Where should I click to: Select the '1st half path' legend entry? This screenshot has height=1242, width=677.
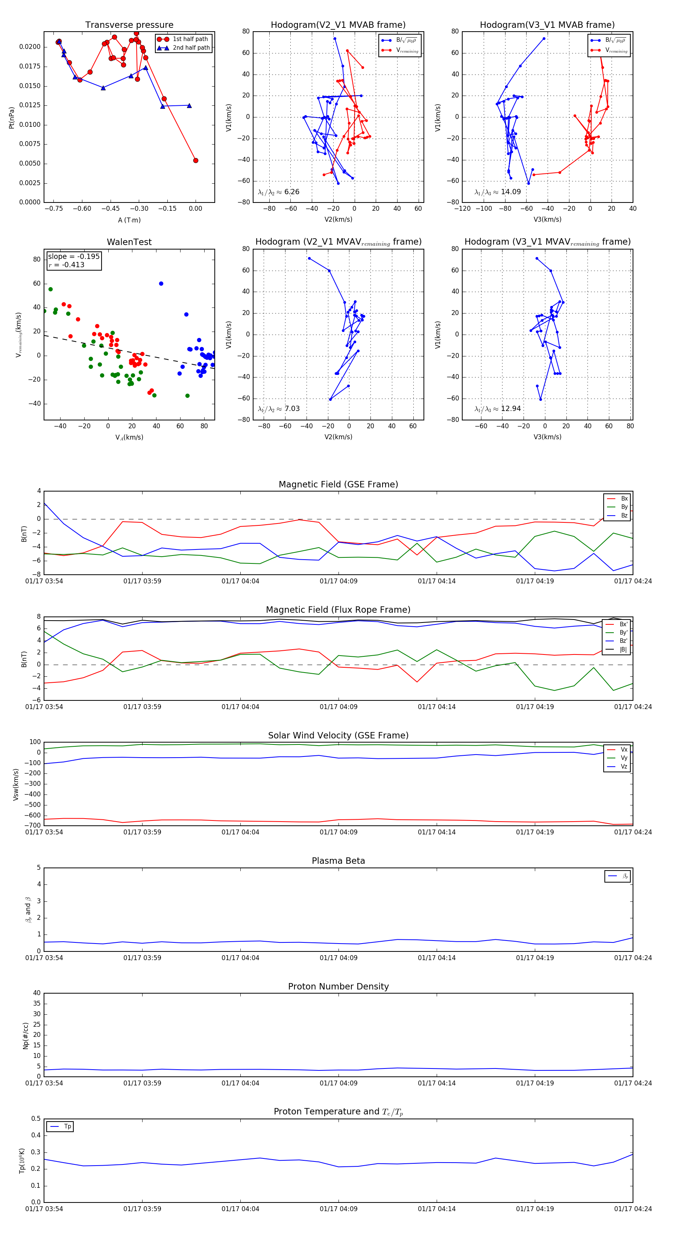click(190, 39)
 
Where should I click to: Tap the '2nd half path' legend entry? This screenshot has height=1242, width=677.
click(191, 48)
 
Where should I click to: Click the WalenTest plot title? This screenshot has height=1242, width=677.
click(129, 242)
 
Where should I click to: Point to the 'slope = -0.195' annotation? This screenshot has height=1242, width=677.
click(74, 257)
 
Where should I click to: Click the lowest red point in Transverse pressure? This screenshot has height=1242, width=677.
click(196, 161)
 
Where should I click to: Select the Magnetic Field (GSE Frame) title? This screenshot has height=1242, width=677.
click(338, 484)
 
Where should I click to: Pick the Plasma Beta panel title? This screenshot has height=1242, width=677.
click(338, 861)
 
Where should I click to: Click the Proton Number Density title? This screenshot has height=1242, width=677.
click(338, 986)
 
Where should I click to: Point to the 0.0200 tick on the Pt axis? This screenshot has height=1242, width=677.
click(30, 47)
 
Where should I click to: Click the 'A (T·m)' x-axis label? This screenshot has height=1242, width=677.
click(129, 220)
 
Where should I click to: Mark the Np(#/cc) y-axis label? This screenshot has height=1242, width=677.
click(26, 1036)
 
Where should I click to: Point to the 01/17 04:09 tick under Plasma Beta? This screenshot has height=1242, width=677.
click(338, 958)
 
